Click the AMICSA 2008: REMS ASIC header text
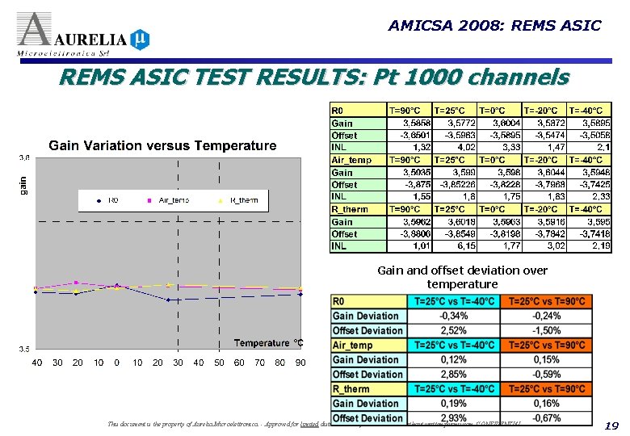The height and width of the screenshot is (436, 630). pyautogui.click(x=494, y=26)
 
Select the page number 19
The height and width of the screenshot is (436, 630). pyautogui.click(x=611, y=426)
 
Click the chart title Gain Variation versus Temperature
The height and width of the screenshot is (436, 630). pyautogui.click(x=162, y=146)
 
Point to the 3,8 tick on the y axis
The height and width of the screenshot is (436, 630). pyautogui.click(x=24, y=157)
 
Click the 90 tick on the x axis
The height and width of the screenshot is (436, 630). pyautogui.click(x=300, y=363)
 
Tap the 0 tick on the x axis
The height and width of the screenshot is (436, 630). pyautogui.click(x=117, y=363)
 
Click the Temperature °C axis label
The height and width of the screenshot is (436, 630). pyautogui.click(x=268, y=343)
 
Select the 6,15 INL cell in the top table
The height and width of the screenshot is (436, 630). pyautogui.click(x=457, y=245)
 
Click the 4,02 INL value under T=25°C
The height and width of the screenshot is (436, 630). pyautogui.click(x=457, y=148)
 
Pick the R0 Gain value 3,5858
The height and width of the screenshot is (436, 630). pyautogui.click(x=411, y=124)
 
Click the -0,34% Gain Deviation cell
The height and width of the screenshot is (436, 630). pyautogui.click(x=454, y=317)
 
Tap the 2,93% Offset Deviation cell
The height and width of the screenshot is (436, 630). pyautogui.click(x=454, y=418)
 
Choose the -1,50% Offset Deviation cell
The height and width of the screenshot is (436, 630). pyautogui.click(x=546, y=331)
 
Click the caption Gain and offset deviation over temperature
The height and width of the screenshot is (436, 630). pyautogui.click(x=461, y=277)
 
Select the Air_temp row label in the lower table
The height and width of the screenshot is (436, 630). pyautogui.click(x=353, y=346)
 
